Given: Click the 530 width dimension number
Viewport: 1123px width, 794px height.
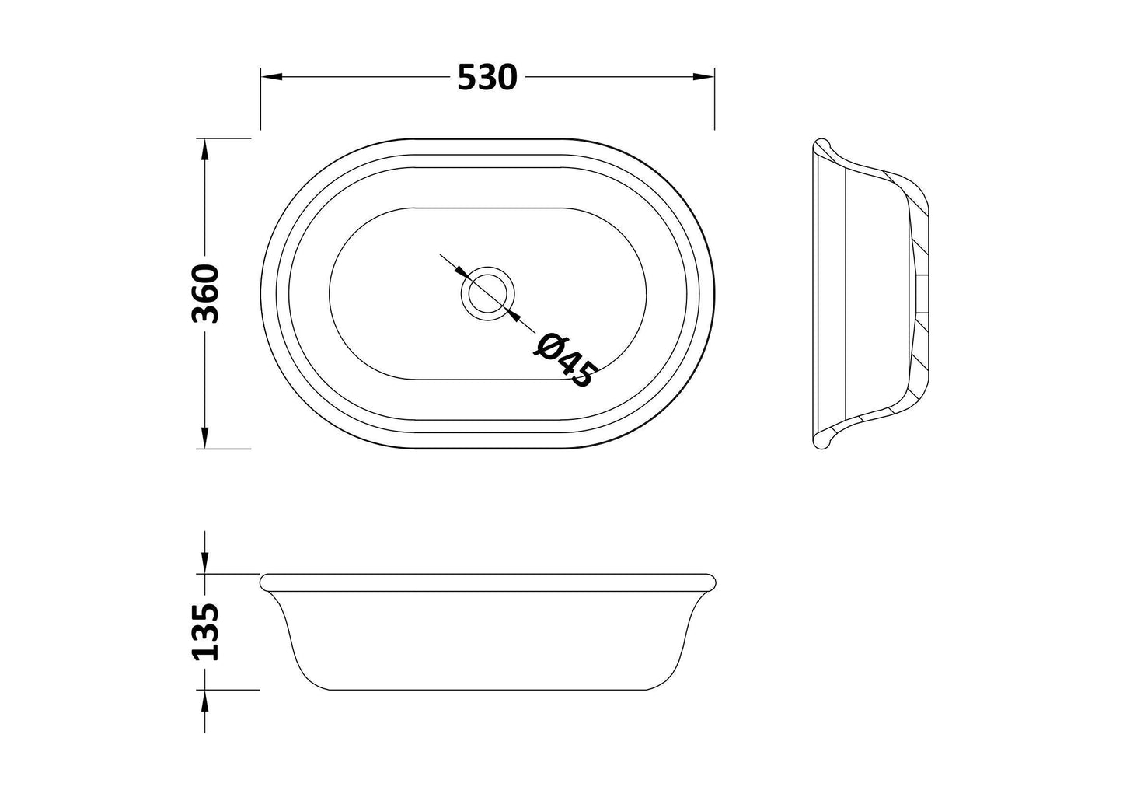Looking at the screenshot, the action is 487,78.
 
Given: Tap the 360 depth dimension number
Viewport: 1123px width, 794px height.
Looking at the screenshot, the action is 205,293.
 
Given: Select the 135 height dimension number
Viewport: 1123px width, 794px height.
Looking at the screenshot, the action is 205,631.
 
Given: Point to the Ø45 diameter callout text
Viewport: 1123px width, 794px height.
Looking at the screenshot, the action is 566,359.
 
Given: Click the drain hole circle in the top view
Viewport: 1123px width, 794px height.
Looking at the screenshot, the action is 488,293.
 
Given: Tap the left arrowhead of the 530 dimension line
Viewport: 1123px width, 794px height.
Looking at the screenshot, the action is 271,77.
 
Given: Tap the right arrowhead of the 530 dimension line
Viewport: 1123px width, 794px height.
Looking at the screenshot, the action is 703,77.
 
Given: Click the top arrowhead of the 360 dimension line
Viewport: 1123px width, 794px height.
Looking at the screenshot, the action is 204,149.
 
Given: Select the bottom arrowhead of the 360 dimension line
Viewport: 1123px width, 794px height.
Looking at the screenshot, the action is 204,438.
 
